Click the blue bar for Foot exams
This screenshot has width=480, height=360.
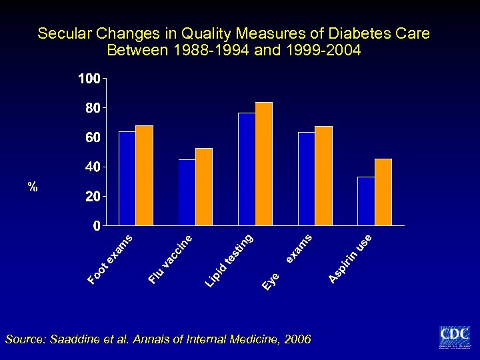coord(127,178)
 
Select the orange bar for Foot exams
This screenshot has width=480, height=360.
coord(144,175)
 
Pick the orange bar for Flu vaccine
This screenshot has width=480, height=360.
coord(203,187)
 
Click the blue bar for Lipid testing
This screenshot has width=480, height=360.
coord(247,169)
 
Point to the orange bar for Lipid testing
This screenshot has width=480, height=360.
coord(264,163)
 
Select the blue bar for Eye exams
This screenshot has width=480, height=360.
coord(306,179)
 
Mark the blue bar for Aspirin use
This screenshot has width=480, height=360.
coord(366,201)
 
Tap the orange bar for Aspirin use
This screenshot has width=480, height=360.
coord(383,192)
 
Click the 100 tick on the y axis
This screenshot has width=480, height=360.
coord(89,79)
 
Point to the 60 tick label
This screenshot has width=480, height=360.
coord(92,137)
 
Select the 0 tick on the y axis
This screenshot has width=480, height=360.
coord(96,226)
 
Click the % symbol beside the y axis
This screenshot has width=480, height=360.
coord(33,187)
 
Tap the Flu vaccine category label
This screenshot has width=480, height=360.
coord(171,258)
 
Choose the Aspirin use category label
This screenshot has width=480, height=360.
coord(350,257)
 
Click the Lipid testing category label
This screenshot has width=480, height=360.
coord(229,261)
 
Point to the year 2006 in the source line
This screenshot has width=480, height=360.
coord(297,339)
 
